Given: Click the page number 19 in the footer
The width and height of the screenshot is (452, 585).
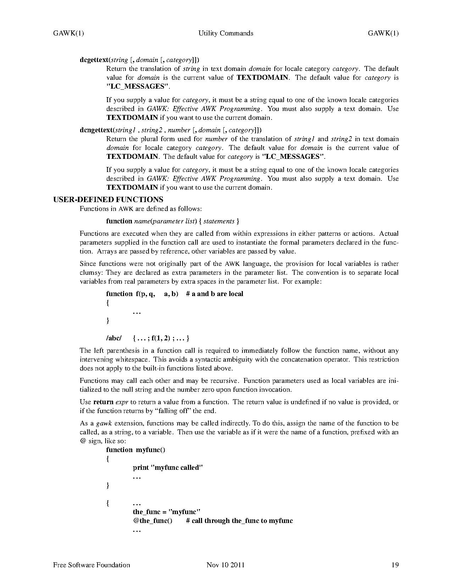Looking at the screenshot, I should (x=395, y=565).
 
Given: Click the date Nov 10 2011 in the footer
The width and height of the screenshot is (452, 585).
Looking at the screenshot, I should (x=225, y=565).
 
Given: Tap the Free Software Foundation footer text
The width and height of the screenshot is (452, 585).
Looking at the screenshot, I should (x=91, y=565).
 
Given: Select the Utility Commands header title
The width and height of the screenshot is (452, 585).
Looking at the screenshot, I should (x=226, y=33).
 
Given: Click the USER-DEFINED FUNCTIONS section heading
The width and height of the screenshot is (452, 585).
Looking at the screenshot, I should (x=108, y=200).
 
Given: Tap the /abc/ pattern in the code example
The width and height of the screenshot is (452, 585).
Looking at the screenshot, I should (x=114, y=338).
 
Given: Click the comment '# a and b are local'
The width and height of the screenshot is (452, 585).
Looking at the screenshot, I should (x=214, y=294).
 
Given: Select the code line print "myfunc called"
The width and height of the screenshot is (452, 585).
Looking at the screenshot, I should (x=168, y=468).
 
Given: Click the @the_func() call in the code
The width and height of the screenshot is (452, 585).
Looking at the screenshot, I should (x=152, y=521).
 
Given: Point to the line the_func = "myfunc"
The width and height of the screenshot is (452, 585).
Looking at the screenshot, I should (x=167, y=512).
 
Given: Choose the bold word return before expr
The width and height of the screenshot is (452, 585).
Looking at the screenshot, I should (x=103, y=402).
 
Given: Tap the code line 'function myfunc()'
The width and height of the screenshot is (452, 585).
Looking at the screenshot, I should (x=136, y=450).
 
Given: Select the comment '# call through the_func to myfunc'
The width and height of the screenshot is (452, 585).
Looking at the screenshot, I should (x=239, y=521).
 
